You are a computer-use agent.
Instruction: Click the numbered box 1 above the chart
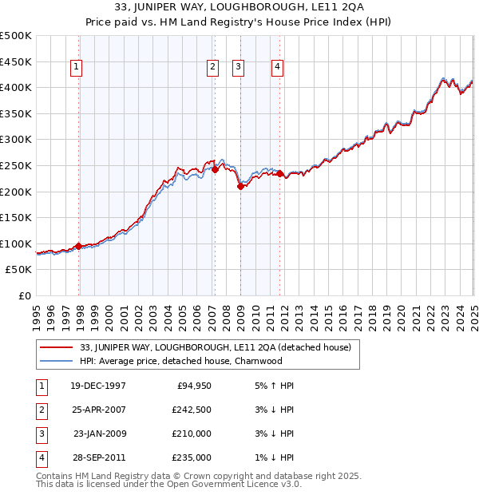click(76, 68)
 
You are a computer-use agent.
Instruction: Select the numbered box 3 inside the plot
click(239, 68)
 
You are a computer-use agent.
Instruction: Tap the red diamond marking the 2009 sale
click(241, 186)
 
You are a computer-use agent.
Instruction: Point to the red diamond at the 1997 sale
click(78, 246)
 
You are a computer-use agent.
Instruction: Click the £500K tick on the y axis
click(16, 36)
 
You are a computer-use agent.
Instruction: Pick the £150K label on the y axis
click(16, 217)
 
